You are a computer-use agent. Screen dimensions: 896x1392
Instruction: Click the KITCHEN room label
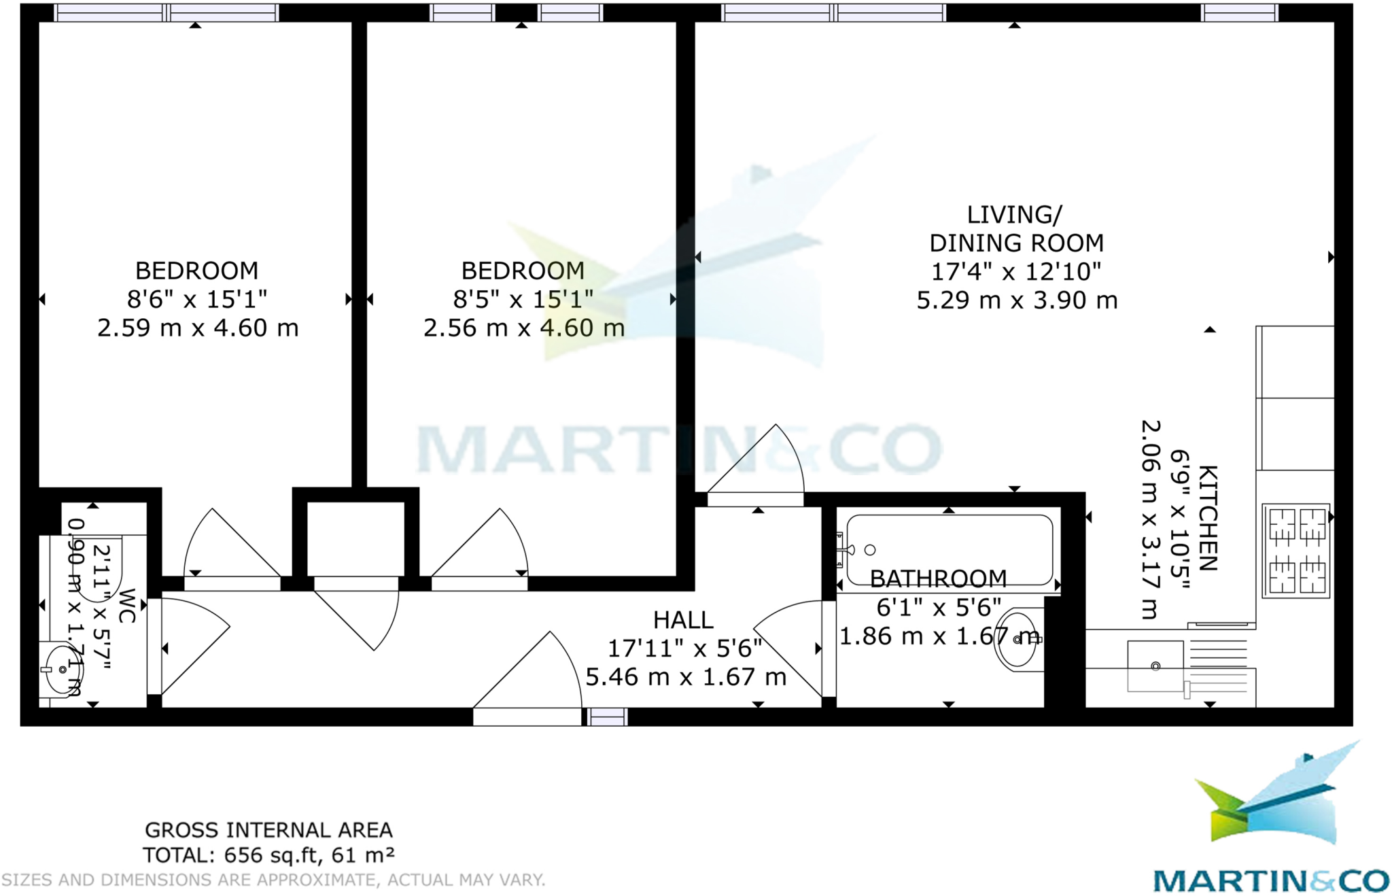click(x=1208, y=518)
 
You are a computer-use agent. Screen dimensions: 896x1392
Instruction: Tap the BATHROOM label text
click(x=938, y=579)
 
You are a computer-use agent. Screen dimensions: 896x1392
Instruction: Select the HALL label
click(x=683, y=620)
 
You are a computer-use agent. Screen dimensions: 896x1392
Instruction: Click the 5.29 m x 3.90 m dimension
click(x=1017, y=300)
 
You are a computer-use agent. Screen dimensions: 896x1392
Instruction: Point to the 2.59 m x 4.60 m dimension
click(x=198, y=328)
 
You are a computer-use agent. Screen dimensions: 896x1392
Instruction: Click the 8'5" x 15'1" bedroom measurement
click(x=523, y=299)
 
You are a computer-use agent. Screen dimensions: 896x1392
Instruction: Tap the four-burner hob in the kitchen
click(x=1296, y=551)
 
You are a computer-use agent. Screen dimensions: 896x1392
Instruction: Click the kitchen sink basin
click(x=1155, y=666)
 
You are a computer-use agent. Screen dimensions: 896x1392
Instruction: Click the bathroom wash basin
click(x=1017, y=639)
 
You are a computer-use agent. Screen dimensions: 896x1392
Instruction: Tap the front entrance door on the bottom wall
click(x=527, y=716)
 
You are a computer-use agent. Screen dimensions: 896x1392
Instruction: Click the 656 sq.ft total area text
click(x=268, y=855)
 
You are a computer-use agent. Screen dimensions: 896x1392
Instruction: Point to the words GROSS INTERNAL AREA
click(x=268, y=830)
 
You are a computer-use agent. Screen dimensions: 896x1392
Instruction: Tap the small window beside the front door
click(x=606, y=716)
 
